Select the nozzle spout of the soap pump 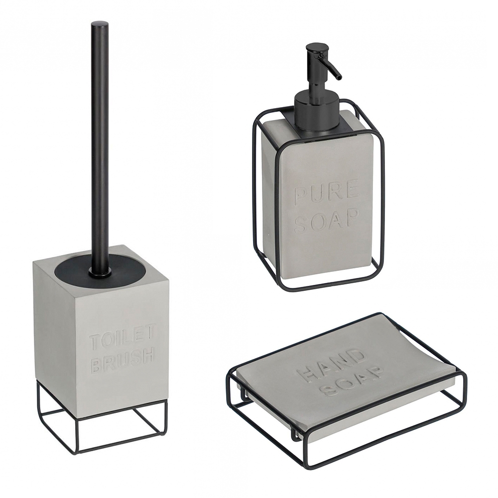(x=331, y=67)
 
